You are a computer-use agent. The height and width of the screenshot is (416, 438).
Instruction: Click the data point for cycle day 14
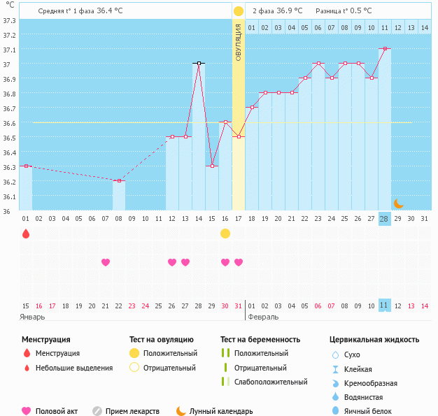(x=199, y=63)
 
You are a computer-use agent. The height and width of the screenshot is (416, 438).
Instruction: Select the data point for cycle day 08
(x=119, y=180)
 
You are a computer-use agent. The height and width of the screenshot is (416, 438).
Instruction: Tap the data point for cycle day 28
(x=384, y=48)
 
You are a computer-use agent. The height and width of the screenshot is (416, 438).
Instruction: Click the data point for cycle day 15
(x=212, y=166)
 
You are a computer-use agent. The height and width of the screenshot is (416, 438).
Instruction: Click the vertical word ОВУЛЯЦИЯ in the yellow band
(x=239, y=42)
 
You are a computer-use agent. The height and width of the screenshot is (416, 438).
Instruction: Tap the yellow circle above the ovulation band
(x=239, y=11)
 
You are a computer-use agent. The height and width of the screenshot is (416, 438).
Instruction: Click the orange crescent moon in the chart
(x=398, y=203)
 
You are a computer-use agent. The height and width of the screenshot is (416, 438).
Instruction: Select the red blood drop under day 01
(x=26, y=234)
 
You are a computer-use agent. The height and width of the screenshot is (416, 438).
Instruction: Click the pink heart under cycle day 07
(x=106, y=262)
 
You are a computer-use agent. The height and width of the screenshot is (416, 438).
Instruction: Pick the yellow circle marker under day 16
(x=225, y=234)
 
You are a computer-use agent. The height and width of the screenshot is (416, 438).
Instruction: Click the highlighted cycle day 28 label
(x=384, y=219)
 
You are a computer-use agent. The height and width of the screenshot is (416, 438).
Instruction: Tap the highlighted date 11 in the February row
(x=384, y=306)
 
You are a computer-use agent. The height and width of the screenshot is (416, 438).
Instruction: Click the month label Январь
(x=33, y=317)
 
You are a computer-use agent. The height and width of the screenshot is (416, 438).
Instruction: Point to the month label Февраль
(x=264, y=317)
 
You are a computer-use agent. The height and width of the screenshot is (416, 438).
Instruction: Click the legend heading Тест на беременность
(x=263, y=340)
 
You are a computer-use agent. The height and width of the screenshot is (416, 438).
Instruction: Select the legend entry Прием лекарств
(x=132, y=411)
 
